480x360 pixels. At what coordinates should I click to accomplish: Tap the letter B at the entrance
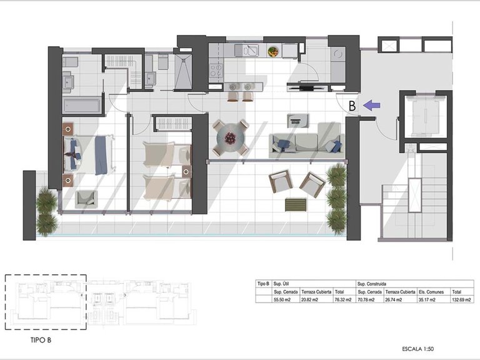coord(352,106)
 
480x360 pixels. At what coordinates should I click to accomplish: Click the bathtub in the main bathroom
coord(82,105)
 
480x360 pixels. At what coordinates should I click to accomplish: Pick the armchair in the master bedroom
coord(86,199)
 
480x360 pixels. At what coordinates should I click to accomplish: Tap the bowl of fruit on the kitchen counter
coord(273,52)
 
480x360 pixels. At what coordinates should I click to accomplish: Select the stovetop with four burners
coord(216,70)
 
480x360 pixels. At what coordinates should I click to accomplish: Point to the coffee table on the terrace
coord(296,204)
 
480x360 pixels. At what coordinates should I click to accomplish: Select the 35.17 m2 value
coord(429,299)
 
